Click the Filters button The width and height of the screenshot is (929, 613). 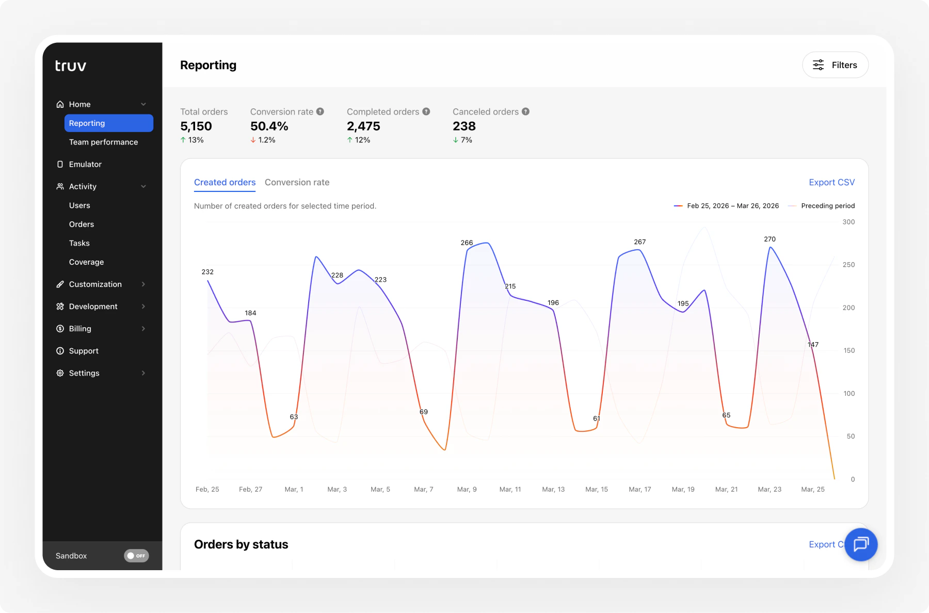(x=835, y=65)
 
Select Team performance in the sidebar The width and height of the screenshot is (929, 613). (x=103, y=142)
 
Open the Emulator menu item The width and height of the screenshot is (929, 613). (x=85, y=164)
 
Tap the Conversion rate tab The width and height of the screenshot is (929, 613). (x=297, y=182)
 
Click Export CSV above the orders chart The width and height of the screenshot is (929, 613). (x=831, y=182)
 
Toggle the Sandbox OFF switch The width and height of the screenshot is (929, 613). (x=136, y=556)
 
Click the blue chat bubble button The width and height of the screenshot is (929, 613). (x=860, y=544)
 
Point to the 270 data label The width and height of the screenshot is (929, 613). (x=770, y=239)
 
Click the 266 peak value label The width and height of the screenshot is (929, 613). (x=467, y=243)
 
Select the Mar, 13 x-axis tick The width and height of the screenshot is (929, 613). (x=553, y=489)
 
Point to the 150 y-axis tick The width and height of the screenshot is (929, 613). (x=849, y=350)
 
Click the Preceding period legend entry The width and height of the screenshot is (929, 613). (x=827, y=206)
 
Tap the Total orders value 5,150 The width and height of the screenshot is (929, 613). (x=196, y=126)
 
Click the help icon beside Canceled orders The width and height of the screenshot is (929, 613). (x=525, y=111)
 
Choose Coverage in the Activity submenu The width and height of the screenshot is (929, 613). (x=86, y=262)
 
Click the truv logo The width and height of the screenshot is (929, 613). (x=71, y=66)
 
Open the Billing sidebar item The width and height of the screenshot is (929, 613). (x=80, y=329)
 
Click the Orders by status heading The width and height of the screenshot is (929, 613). (x=241, y=544)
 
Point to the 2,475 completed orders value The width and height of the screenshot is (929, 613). (x=363, y=126)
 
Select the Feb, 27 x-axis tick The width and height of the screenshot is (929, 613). (x=250, y=489)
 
